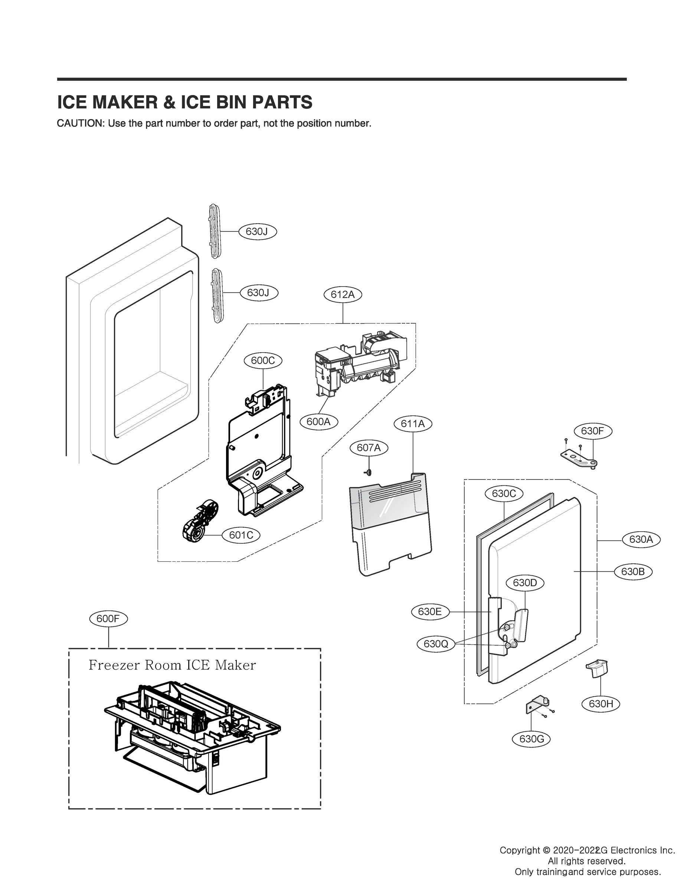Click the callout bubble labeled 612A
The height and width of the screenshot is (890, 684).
click(343, 294)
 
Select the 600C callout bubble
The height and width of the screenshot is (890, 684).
click(263, 360)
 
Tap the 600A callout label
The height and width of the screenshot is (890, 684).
click(318, 422)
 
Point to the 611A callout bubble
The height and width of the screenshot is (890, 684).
click(413, 424)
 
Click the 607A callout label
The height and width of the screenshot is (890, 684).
click(369, 448)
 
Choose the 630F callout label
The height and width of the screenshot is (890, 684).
click(592, 431)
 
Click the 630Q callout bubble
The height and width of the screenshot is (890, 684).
click(436, 644)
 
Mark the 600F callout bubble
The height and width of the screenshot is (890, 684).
click(108, 619)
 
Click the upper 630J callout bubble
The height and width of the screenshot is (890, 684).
click(257, 231)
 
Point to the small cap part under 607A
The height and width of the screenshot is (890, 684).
click(369, 471)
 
